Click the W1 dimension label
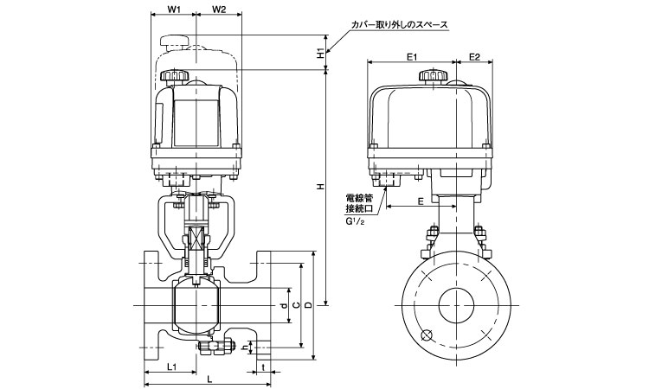(x=173, y=10)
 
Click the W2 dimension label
(x=218, y=10)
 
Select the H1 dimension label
(x=321, y=53)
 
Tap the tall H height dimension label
(x=321, y=187)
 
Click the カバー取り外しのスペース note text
(x=398, y=26)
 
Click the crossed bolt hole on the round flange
(x=426, y=336)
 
